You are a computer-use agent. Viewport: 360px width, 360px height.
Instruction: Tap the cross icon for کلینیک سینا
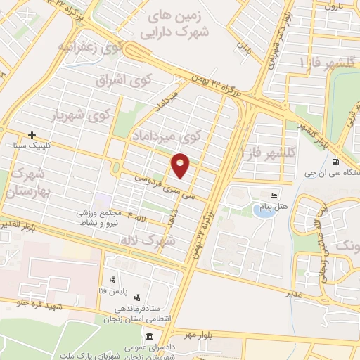[x=32, y=134]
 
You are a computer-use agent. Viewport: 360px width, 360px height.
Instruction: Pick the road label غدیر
[x=294, y=292]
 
